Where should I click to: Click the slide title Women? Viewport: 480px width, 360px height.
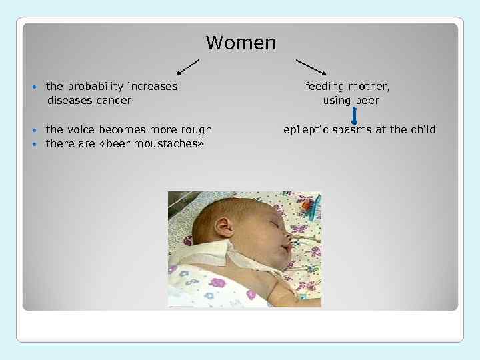coord(241,43)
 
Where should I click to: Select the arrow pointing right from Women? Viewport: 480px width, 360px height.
coord(311,67)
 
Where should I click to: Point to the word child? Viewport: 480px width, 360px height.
coord(420,130)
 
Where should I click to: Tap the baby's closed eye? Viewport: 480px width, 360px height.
coord(273,217)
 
